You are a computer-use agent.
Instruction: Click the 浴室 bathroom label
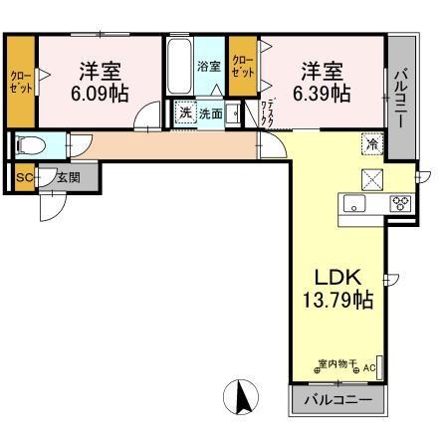point(208,67)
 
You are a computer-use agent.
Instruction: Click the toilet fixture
point(30,145)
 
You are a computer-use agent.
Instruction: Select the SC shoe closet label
point(24,178)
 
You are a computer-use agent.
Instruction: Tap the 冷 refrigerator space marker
point(369,143)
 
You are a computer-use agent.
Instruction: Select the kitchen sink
point(355,204)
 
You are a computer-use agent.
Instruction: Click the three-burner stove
point(400,203)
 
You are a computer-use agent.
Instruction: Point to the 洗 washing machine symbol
point(185,112)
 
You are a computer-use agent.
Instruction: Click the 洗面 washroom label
point(210,113)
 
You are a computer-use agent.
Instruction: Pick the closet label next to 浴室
point(242,67)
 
